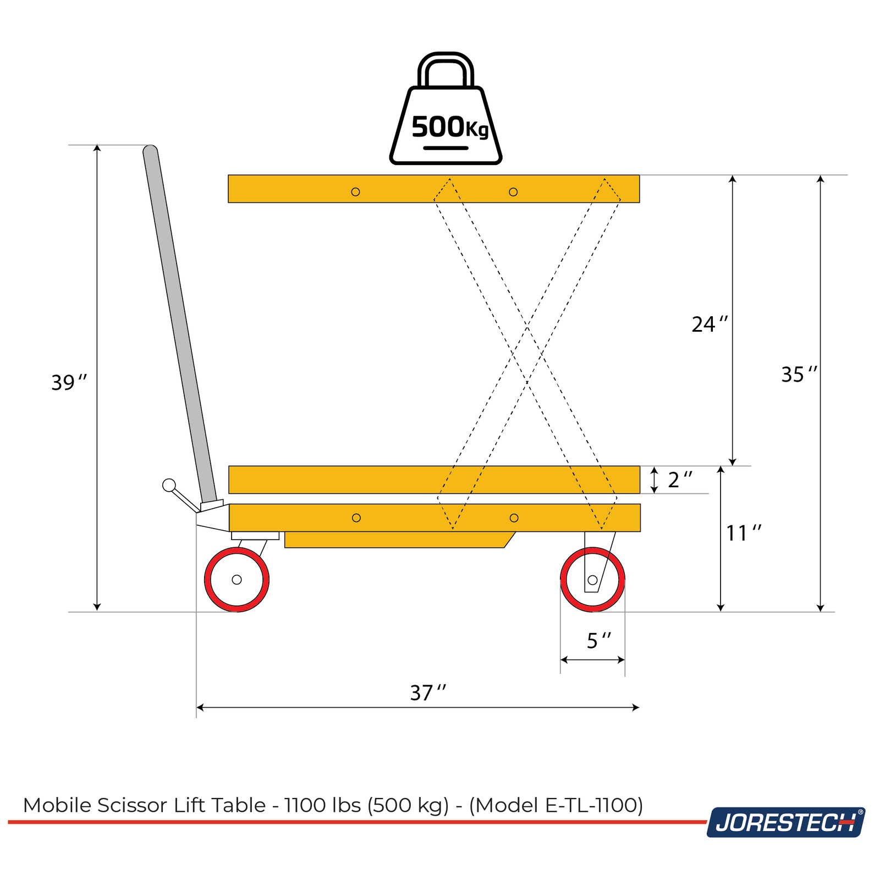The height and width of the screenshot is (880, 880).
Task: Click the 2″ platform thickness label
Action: [679, 480]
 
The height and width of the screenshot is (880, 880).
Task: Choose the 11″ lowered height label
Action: [743, 533]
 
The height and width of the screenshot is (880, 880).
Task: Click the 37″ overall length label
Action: [427, 693]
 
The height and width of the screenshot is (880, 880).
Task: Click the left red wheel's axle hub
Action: [237, 580]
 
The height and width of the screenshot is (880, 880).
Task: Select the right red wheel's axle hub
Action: [592, 580]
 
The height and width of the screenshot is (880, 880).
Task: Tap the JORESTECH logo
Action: [785, 822]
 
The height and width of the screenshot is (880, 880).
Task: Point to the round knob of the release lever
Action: [169, 485]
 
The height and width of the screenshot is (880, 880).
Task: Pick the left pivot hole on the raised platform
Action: [355, 192]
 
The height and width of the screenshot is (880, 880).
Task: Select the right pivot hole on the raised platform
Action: [513, 192]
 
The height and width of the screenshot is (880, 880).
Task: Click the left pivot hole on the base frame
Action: [356, 518]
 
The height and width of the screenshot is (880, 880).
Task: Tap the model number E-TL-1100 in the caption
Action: [591, 805]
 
